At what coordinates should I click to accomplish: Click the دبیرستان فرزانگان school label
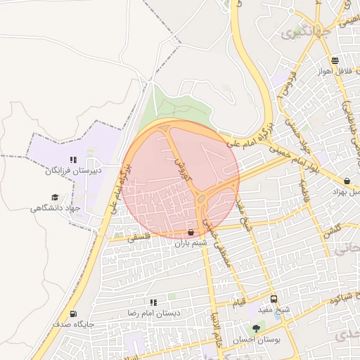coord(75,171)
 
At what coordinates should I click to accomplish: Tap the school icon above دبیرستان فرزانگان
coord(74,160)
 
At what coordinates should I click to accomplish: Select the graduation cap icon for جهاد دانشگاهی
coord(55,198)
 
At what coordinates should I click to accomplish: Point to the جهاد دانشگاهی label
coord(56,208)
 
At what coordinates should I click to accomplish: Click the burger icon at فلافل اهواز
coord(335,60)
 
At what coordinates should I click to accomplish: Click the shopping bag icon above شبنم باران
coord(191,232)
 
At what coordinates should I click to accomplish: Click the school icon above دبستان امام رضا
coord(153,302)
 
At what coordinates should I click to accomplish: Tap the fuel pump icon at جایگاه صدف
coord(72,314)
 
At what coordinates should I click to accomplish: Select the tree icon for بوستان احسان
coord(256,328)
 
